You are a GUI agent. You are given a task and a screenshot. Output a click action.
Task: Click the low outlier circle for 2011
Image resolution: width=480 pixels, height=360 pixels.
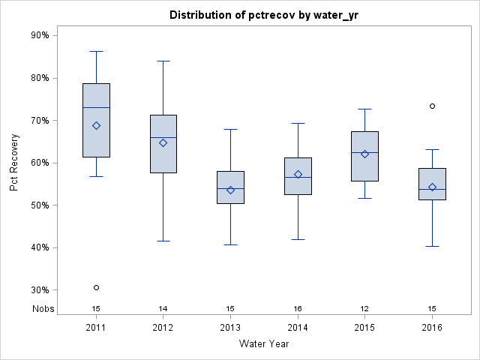(x=96, y=287)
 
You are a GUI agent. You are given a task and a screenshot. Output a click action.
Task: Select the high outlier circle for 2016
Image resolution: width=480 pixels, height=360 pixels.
(x=432, y=106)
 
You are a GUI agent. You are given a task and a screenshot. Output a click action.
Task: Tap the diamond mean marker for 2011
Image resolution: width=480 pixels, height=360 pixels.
(x=96, y=125)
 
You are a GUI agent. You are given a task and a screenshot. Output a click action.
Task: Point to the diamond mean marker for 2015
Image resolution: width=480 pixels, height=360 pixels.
(x=364, y=154)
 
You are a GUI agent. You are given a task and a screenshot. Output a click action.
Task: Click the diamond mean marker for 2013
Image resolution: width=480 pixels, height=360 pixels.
(x=230, y=190)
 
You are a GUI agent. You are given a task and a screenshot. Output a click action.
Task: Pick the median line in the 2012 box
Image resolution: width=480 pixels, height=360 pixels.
(x=163, y=137)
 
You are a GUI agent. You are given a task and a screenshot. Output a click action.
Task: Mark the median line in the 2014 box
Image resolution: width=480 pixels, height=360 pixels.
(x=298, y=178)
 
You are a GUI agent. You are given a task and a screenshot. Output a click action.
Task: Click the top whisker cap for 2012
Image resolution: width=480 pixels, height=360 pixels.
(x=163, y=61)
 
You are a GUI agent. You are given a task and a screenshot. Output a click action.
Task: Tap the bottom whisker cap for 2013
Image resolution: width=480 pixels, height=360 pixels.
(x=230, y=244)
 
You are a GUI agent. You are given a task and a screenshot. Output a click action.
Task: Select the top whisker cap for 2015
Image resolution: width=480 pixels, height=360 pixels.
(x=364, y=109)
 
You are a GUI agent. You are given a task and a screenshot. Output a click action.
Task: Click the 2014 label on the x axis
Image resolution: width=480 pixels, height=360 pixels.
(x=298, y=328)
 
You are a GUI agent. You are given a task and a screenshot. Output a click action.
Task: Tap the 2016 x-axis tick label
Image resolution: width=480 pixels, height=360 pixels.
(x=432, y=328)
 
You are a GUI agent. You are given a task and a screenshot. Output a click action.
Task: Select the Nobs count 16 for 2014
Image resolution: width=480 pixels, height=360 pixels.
(x=298, y=309)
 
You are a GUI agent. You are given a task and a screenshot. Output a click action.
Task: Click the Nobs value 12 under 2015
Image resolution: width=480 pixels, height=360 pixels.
(x=364, y=309)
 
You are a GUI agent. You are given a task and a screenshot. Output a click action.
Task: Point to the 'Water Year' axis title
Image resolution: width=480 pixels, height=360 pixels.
(x=263, y=344)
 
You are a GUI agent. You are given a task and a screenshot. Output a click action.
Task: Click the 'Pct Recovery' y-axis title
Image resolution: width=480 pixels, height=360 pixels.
(x=14, y=163)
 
